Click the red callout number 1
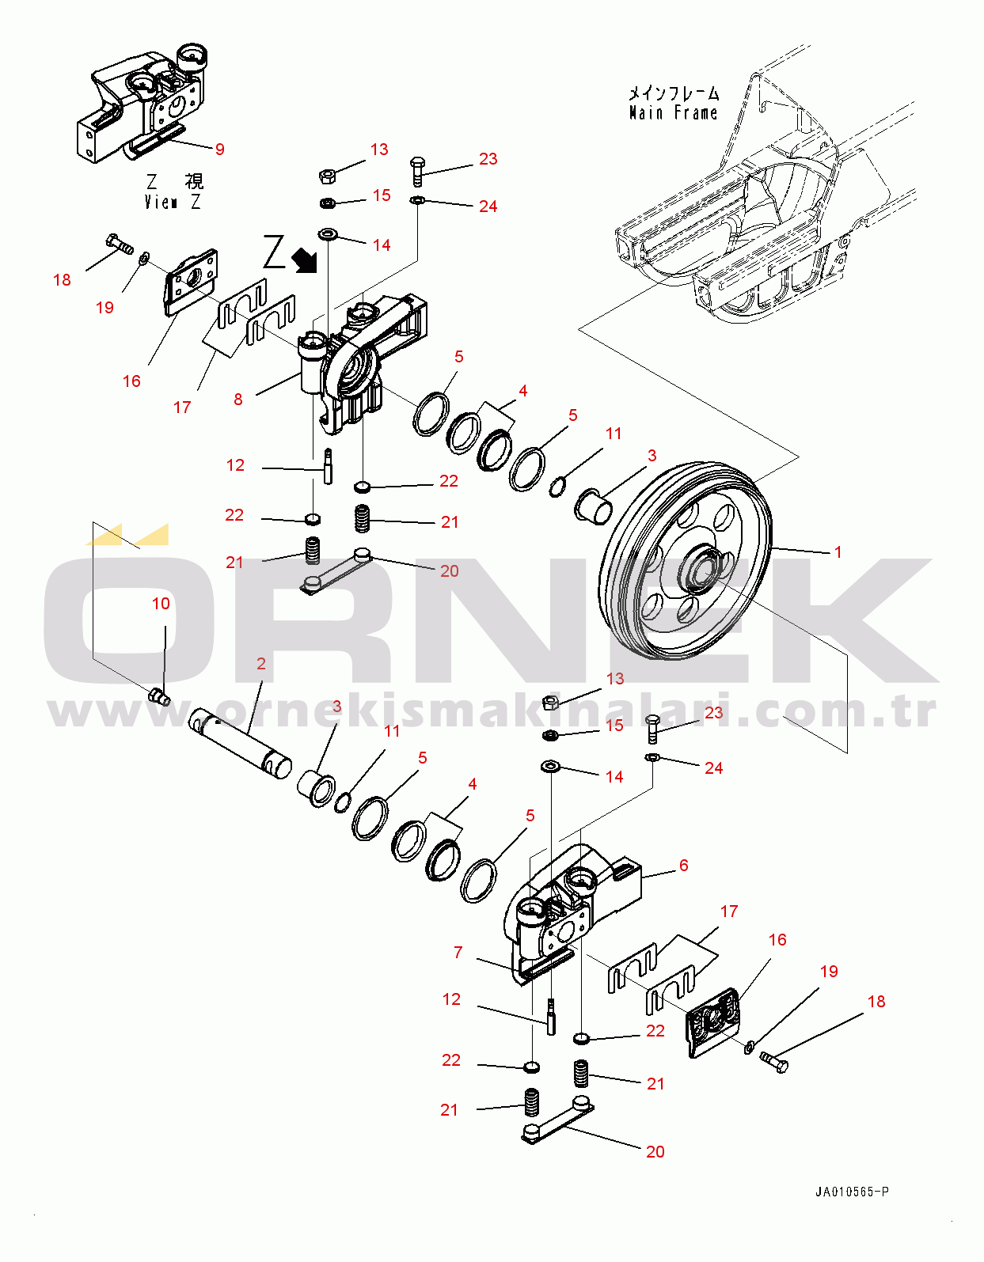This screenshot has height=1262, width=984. pyautogui.click(x=838, y=551)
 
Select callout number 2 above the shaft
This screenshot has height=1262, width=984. pyautogui.click(x=260, y=664)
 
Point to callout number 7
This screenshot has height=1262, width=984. pyautogui.click(x=458, y=953)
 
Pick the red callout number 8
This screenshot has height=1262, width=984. pyautogui.click(x=238, y=399)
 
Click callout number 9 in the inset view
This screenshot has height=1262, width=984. pyautogui.click(x=219, y=150)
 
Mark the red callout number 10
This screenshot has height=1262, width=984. pyautogui.click(x=161, y=604)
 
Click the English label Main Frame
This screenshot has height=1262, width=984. pyautogui.click(x=673, y=112)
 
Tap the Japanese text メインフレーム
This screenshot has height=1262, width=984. pyautogui.click(x=674, y=93)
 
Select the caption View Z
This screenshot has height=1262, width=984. pyautogui.click(x=173, y=202)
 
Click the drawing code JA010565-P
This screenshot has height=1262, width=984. pyautogui.click(x=852, y=1192)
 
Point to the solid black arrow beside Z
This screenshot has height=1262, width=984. pyautogui.click(x=305, y=260)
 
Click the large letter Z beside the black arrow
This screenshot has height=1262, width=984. pyautogui.click(x=274, y=252)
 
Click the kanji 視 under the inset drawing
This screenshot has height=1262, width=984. pyautogui.click(x=194, y=181)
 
